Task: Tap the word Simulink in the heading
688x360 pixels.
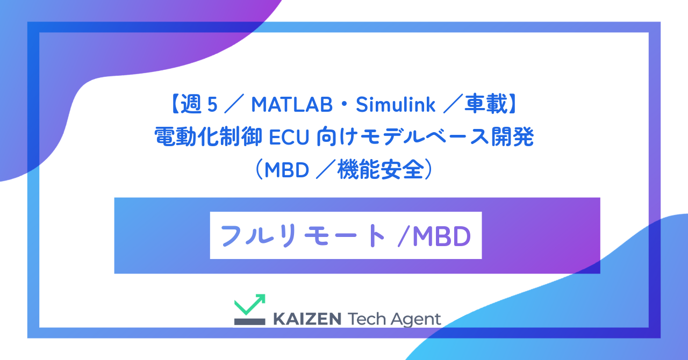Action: (x=395, y=106)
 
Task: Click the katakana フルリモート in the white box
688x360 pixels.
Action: (x=303, y=235)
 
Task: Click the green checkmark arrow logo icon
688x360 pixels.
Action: (x=249, y=305)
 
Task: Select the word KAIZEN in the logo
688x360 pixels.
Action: (x=307, y=319)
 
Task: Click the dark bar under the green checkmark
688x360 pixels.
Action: (x=249, y=321)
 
